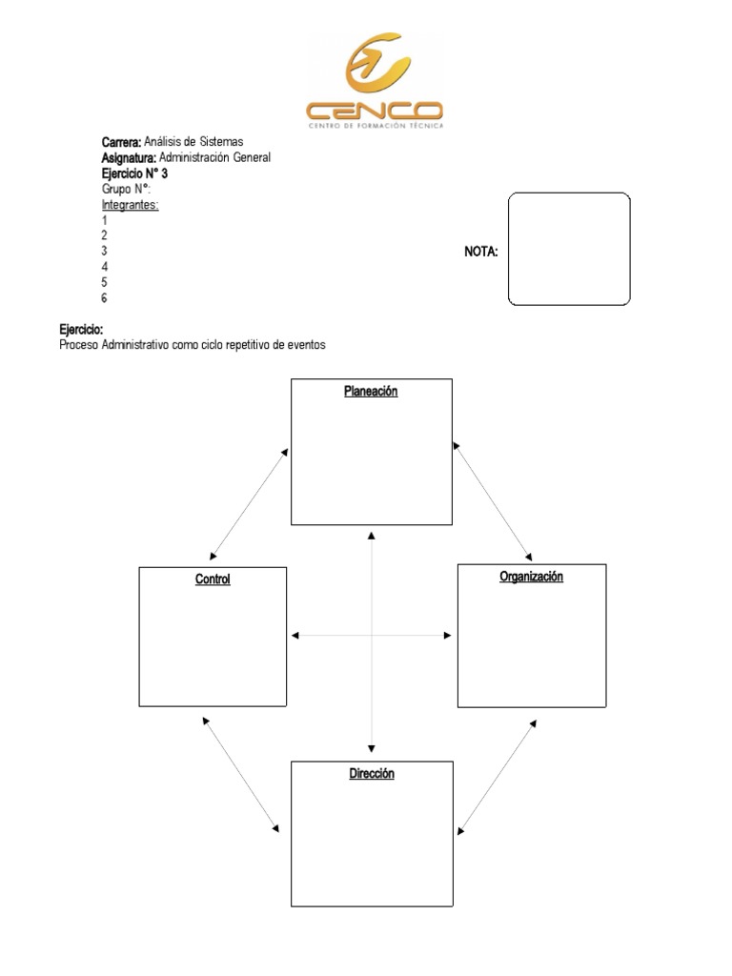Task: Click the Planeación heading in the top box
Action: coord(371,392)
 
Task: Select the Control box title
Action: coord(213,579)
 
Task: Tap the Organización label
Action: coord(531,577)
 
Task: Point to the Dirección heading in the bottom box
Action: coord(371,774)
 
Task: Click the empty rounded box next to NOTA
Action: coord(569,249)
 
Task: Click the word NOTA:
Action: coord(481,252)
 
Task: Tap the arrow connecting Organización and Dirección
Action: coord(497,777)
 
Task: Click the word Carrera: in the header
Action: coord(121,142)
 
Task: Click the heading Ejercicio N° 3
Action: coord(134,173)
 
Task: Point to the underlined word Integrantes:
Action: coord(130,204)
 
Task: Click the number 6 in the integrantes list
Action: coord(104,298)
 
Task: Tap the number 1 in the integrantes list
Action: coord(104,220)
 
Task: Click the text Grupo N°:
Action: coord(126,189)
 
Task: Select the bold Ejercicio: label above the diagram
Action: coord(81,329)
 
